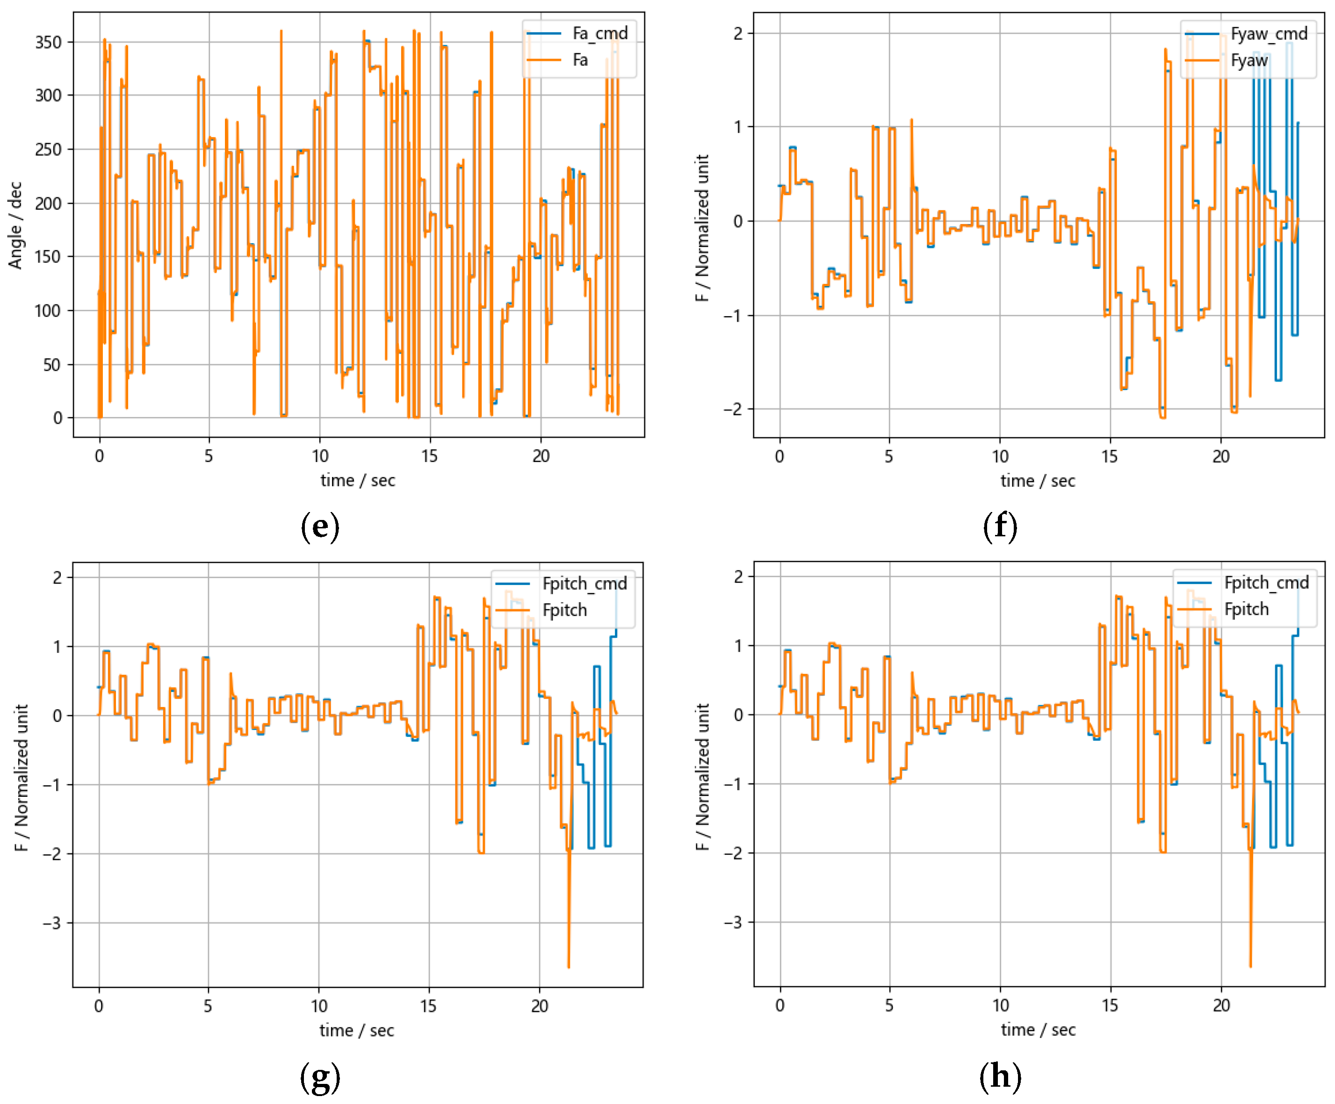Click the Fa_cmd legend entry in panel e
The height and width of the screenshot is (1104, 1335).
[599, 33]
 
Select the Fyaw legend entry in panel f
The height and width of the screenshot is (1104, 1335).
[1248, 60]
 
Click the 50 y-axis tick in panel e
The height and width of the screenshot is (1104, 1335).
[52, 365]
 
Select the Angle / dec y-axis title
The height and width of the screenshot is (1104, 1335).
[15, 226]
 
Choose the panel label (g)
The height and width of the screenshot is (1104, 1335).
[320, 1077]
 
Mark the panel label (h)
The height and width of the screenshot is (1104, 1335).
[1000, 1077]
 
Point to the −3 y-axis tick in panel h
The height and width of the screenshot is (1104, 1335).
[734, 922]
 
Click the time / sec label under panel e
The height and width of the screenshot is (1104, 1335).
[357, 481]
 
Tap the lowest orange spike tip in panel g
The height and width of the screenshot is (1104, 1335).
[568, 967]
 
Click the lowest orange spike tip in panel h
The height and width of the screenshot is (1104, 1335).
[1250, 967]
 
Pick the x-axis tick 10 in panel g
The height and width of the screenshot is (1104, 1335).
[319, 1006]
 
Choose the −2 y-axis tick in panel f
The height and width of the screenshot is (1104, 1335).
[734, 409]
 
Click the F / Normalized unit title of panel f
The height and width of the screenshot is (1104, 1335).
[702, 228]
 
